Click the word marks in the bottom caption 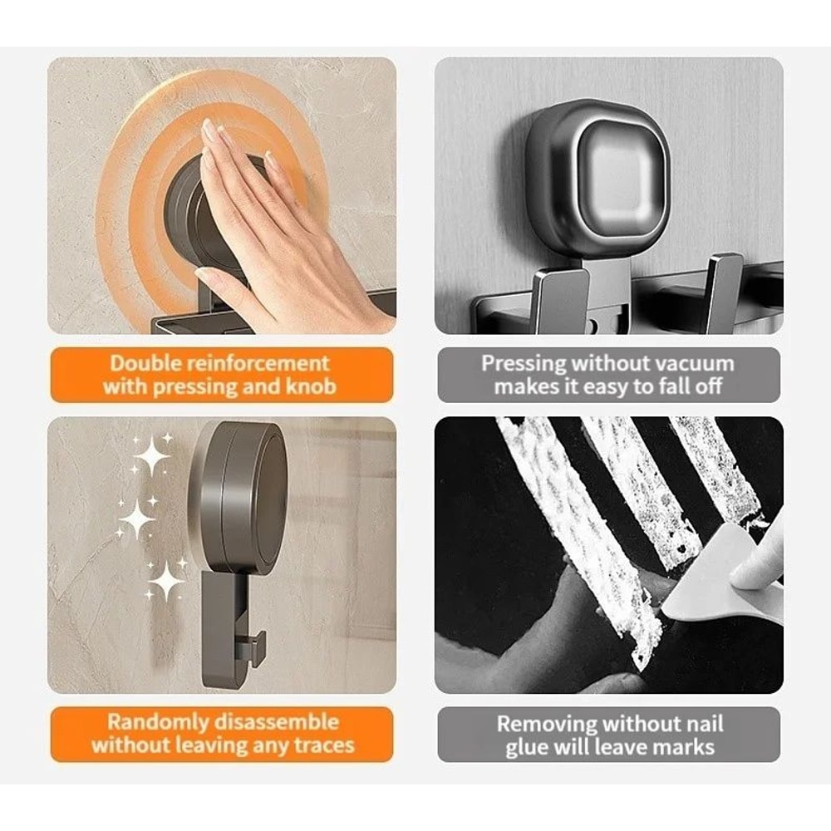click(680, 747)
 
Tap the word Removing click(548, 723)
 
